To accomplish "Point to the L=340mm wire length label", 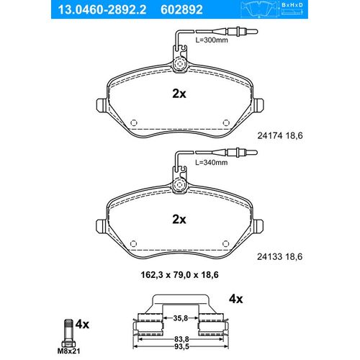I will coord(212,163).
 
